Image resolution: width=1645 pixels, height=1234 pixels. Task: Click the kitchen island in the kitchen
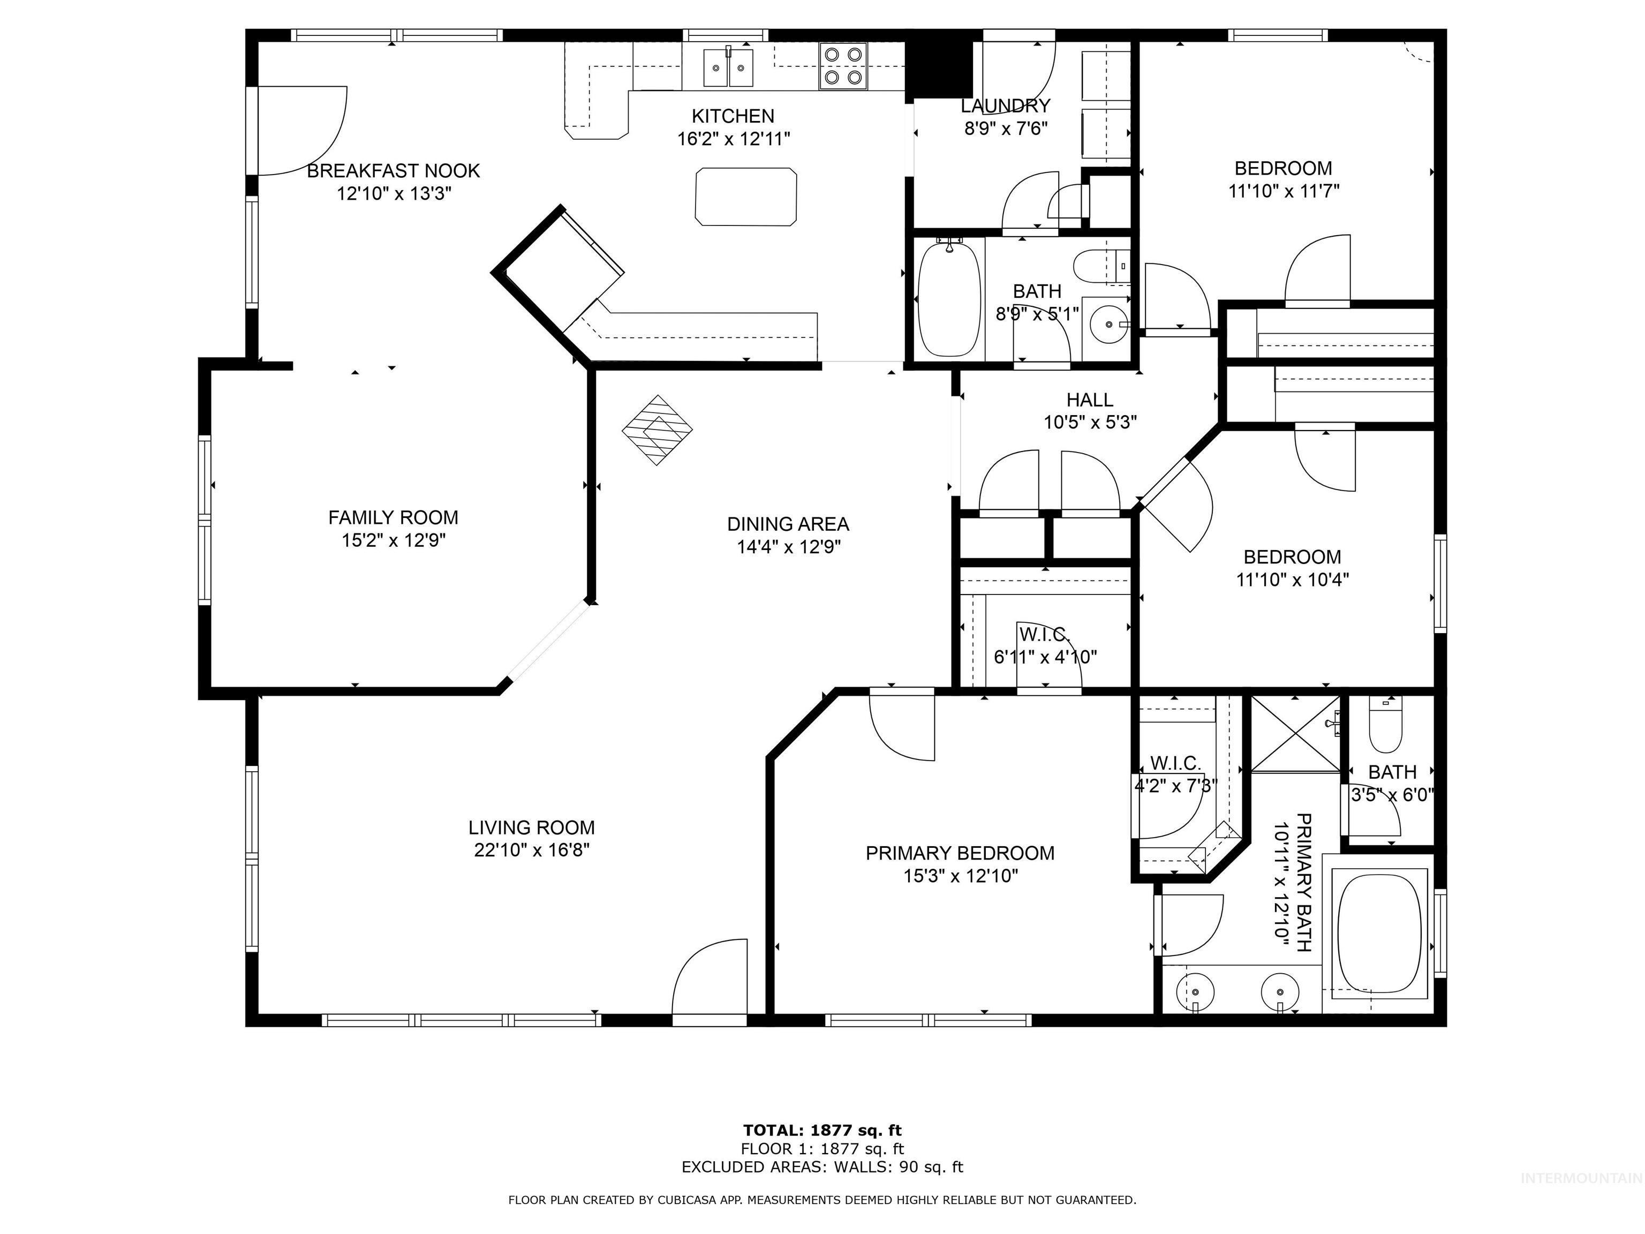(745, 197)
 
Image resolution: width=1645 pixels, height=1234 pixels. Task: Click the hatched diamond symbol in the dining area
(658, 430)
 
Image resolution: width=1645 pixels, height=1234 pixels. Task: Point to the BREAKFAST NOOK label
(394, 170)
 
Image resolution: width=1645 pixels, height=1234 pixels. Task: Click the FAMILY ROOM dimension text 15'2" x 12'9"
(394, 540)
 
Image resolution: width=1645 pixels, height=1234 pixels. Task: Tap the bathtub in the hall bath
(948, 299)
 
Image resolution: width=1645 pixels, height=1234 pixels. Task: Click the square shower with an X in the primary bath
(1295, 733)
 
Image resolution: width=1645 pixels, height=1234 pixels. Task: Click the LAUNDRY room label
(1006, 106)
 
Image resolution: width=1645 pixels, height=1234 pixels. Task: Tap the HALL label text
(1090, 400)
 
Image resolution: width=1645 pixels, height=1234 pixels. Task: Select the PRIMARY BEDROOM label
(960, 853)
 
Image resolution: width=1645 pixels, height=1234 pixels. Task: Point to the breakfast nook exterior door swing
(299, 130)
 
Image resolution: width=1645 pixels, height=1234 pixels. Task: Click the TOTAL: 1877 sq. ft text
(822, 1131)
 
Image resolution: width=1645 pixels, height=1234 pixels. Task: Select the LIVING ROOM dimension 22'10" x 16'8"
(532, 849)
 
